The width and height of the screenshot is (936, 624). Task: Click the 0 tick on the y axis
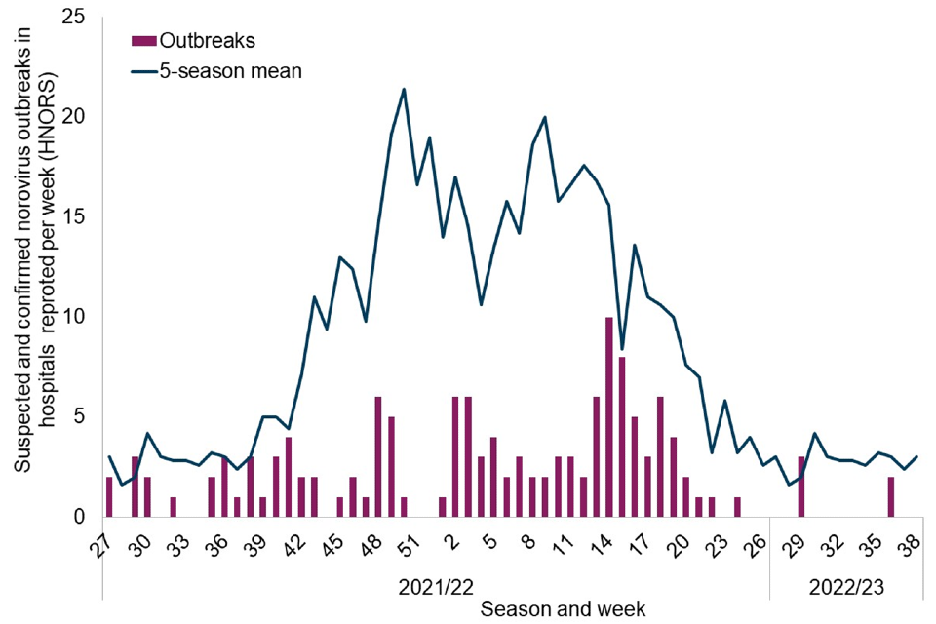pos(79,517)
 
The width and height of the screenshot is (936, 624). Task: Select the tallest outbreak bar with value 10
pos(609,417)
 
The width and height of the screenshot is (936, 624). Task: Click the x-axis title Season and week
pos(563,607)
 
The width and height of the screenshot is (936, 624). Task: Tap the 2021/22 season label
pos(436,587)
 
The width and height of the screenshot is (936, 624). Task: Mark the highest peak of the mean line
pos(404,90)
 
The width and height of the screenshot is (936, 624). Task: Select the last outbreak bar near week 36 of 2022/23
pos(891,497)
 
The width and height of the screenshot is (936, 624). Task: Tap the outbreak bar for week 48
pos(378,456)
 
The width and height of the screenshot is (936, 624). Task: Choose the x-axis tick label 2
pos(450,539)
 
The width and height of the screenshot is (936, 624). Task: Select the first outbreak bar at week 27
pos(109,497)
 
